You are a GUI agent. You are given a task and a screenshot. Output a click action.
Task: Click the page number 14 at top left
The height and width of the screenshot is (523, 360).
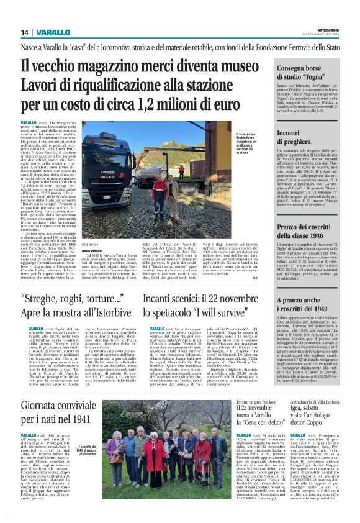[x=25, y=32]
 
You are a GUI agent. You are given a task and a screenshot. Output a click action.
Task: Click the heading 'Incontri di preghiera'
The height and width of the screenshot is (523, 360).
[x=298, y=136]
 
